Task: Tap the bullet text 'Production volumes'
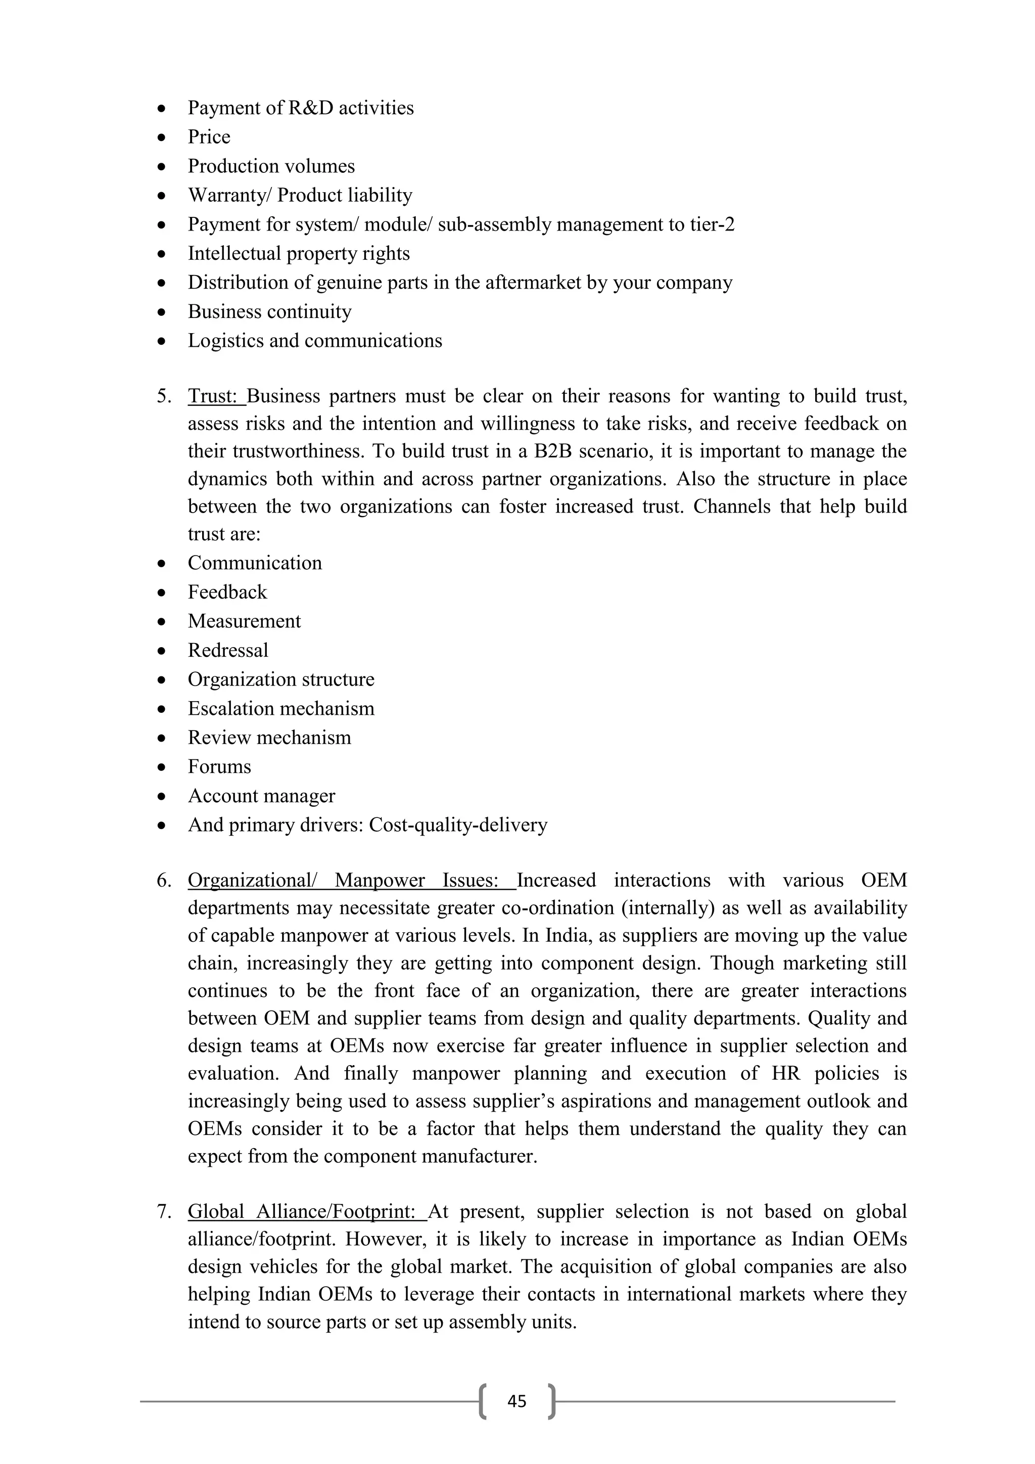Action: tap(271, 166)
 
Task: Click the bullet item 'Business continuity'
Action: tap(269, 312)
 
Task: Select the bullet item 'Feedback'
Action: tap(227, 592)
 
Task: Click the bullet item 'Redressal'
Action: tap(227, 651)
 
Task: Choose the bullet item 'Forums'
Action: tap(219, 766)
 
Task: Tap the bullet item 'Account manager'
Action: tap(261, 796)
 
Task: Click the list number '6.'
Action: tap(164, 881)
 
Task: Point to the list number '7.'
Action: tap(164, 1212)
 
